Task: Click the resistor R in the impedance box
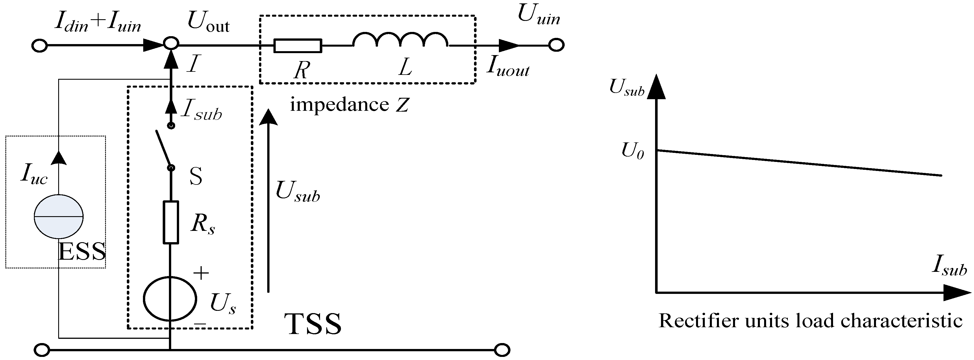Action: coord(297,46)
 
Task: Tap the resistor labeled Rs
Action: coord(171,223)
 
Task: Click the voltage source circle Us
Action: coord(170,299)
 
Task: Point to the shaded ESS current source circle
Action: coord(58,217)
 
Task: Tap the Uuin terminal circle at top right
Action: coord(556,45)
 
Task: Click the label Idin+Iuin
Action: coord(97,23)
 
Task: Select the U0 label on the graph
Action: coord(632,152)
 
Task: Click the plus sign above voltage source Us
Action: coord(201,273)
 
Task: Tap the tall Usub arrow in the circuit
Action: coord(269,200)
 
